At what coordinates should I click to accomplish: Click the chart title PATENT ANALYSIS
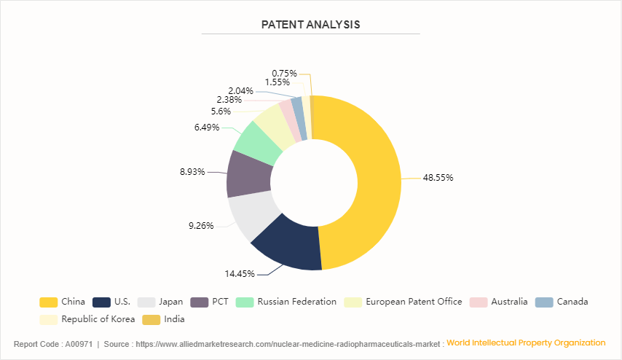click(x=310, y=25)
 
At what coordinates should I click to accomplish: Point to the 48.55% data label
click(x=438, y=177)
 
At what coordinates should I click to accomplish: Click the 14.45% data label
click(x=240, y=274)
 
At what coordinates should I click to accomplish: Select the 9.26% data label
click(x=201, y=225)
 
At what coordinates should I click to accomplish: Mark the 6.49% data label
click(x=208, y=128)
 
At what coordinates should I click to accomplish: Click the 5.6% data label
click(x=221, y=111)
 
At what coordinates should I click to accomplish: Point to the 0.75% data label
click(x=284, y=73)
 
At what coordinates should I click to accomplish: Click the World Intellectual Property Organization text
click(x=526, y=343)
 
